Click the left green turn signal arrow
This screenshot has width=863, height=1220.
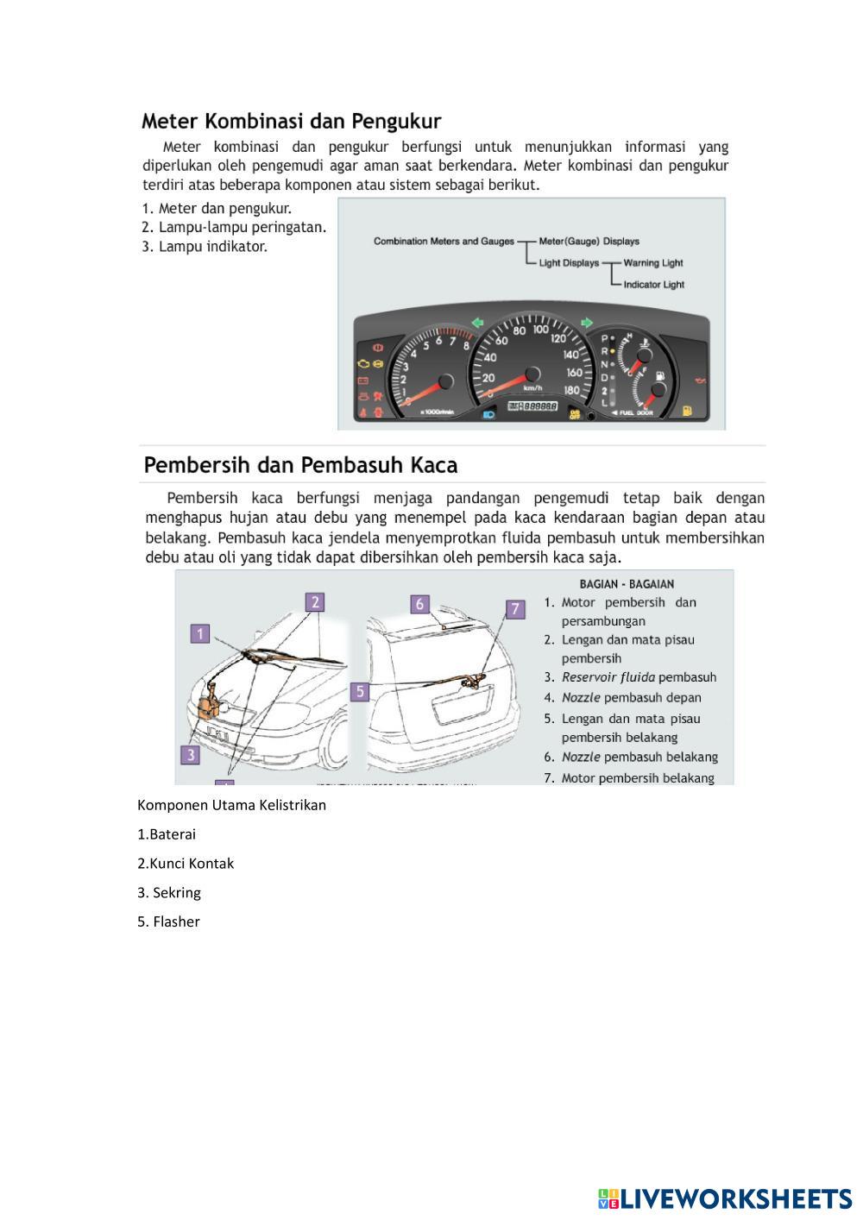[476, 324]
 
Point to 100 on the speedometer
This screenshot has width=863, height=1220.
[541, 329]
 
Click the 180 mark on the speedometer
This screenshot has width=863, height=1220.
[572, 390]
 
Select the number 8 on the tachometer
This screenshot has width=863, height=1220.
[467, 347]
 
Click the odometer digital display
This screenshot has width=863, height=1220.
[532, 406]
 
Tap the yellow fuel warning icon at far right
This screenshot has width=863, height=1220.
[687, 412]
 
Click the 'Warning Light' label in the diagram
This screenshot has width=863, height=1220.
[652, 263]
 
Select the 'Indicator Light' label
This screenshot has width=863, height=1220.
[653, 285]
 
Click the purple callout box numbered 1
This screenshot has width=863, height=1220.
[200, 634]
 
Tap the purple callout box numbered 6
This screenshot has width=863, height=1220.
[419, 604]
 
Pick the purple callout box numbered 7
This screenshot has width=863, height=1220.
[514, 609]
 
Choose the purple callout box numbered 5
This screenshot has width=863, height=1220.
[360, 691]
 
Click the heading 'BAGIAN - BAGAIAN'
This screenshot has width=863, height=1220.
[627, 584]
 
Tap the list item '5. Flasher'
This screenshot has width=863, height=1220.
[168, 921]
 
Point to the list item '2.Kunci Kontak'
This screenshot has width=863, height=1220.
[186, 864]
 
